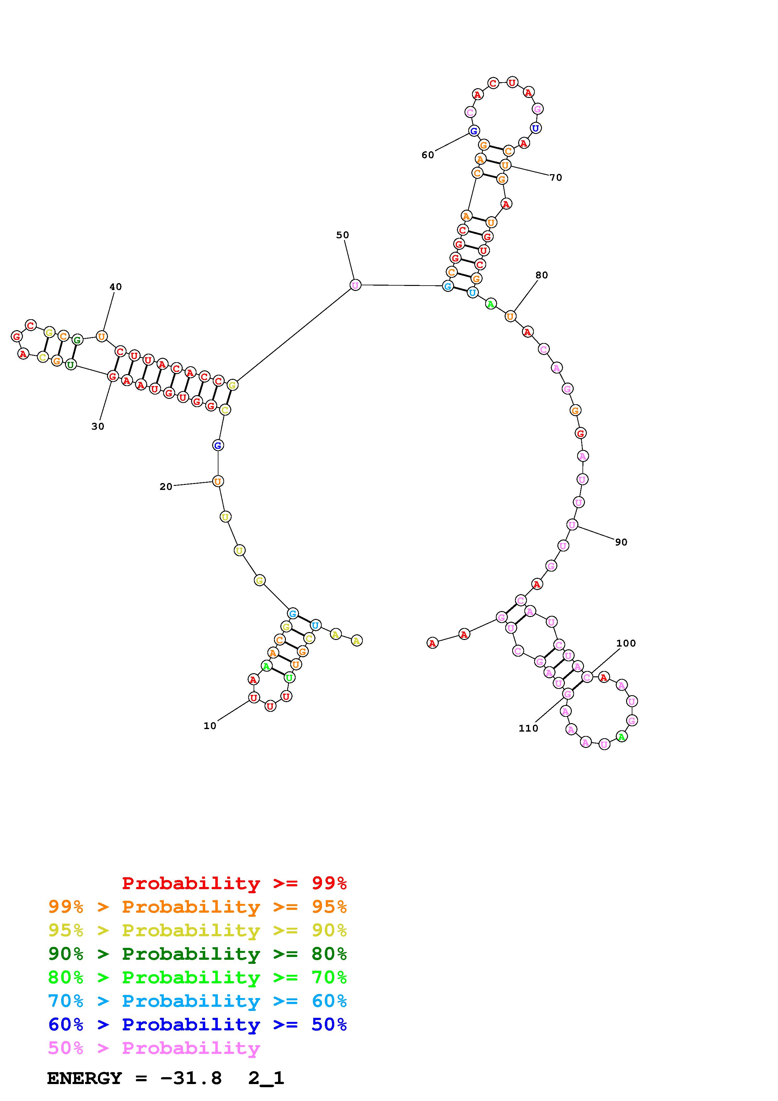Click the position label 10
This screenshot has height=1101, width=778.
(210, 726)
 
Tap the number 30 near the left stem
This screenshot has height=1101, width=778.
(98, 426)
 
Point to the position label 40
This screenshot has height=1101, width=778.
(115, 287)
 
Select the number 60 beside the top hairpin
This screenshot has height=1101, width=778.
(427, 155)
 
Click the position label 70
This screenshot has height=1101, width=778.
(555, 177)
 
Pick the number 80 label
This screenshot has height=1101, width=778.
(542, 275)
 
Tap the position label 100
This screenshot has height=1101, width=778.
(626, 643)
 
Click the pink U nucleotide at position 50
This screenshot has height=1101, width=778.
(355, 285)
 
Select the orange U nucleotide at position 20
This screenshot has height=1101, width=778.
(217, 481)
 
